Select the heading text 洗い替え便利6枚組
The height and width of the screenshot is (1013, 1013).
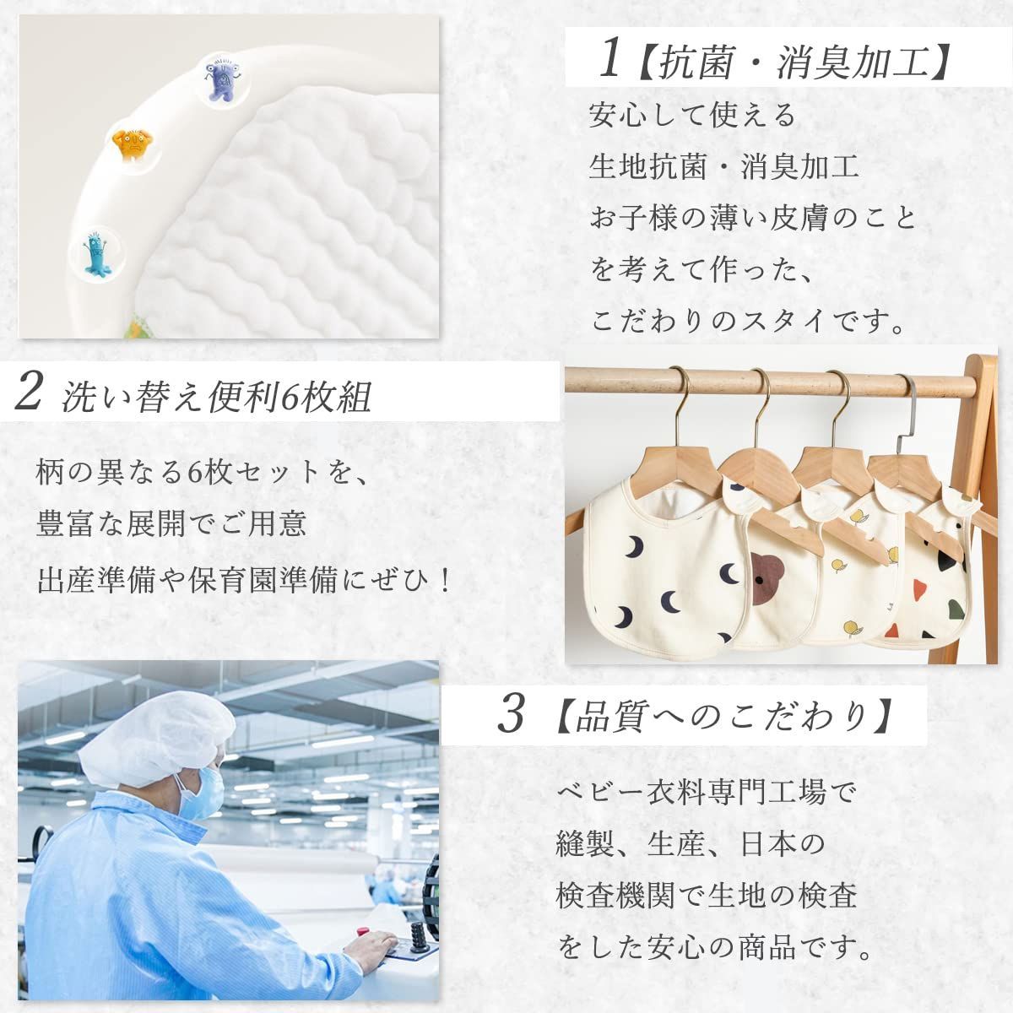coord(216,397)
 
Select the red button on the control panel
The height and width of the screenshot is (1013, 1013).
coord(364,932)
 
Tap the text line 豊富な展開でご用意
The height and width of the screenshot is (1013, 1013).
coord(171,525)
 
